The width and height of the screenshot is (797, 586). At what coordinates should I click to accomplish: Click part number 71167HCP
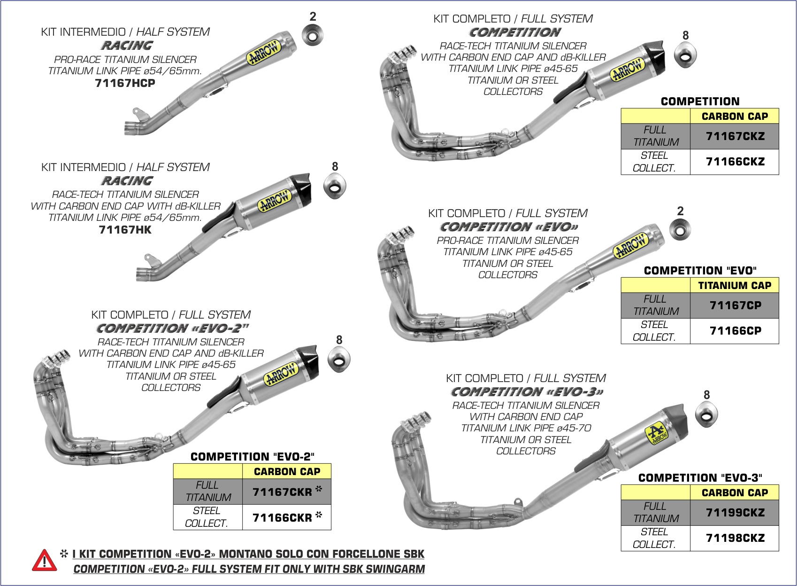point(125,83)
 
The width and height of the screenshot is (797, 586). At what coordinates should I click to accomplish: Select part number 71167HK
point(125,230)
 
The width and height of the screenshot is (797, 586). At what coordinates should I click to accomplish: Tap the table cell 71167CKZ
point(735,136)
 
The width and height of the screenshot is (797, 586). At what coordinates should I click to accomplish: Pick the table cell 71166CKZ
point(735,162)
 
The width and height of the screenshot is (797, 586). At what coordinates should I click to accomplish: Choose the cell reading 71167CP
point(735,305)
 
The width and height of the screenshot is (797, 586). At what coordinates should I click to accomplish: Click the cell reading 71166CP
point(735,331)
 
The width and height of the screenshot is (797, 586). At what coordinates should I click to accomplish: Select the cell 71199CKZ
point(735,513)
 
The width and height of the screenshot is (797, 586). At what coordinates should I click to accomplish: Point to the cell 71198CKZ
point(735,538)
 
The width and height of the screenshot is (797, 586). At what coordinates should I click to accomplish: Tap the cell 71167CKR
point(283,492)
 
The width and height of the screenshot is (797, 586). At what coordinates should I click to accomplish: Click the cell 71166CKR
point(283,517)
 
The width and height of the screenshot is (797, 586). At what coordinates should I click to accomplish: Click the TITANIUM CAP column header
point(735,285)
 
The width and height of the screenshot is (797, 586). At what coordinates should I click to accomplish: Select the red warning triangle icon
point(44,561)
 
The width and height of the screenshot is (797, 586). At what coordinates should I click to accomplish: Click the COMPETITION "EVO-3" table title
point(700,478)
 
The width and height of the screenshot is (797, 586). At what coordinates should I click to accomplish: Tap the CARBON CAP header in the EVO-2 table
point(287,471)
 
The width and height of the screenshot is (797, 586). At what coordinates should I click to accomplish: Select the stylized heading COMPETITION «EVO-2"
point(173,328)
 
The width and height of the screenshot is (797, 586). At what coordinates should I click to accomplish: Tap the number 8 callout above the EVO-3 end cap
point(707,395)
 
